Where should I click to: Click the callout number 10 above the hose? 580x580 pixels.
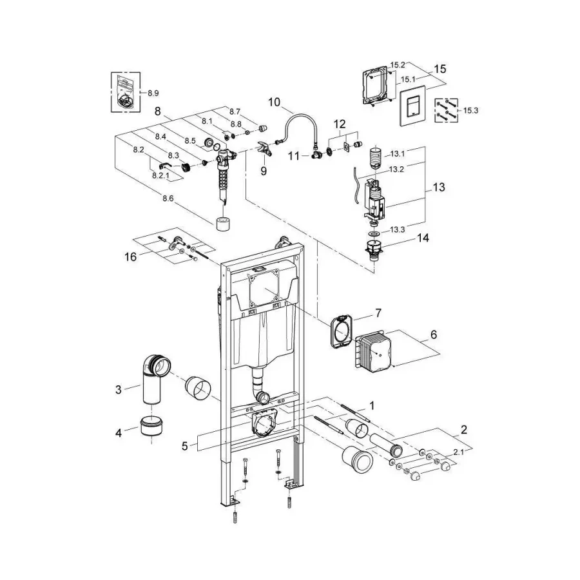click(274, 102)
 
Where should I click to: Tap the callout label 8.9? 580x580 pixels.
click(153, 93)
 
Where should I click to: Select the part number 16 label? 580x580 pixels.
click(130, 256)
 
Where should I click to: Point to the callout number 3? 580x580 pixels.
click(119, 389)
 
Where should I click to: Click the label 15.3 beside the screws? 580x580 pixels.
click(470, 110)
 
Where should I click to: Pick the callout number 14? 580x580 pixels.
click(423, 238)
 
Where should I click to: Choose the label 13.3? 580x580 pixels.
click(397, 229)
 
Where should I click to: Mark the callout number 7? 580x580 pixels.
click(378, 313)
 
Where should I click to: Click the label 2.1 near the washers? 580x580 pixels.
click(459, 452)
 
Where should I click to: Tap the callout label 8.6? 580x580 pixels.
click(168, 198)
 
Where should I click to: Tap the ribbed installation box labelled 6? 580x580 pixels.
click(374, 351)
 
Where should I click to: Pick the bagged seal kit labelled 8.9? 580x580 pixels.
click(126, 92)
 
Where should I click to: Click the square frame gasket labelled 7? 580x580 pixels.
click(342, 331)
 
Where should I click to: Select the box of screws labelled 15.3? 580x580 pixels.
click(446, 111)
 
